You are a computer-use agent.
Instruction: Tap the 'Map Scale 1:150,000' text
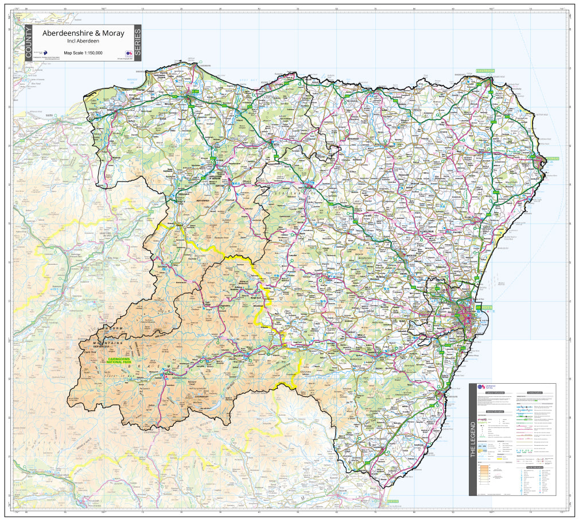(x=83, y=53)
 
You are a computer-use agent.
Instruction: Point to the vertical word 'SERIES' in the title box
(x=137, y=43)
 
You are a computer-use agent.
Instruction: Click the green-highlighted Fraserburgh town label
(x=485, y=71)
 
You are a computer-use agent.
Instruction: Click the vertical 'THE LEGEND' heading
(x=473, y=439)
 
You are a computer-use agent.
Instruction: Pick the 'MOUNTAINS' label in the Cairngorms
(x=108, y=343)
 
